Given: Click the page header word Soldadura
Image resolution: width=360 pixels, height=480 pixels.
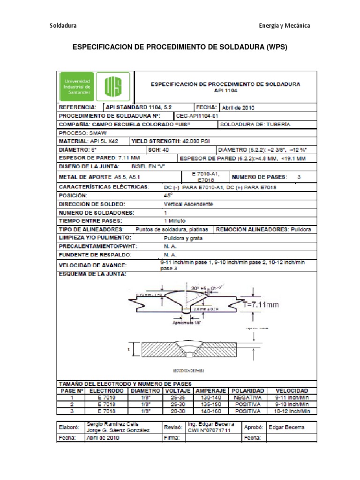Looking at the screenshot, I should click(x=63, y=25).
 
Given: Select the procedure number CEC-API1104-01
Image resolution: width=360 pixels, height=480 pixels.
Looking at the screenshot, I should click(x=197, y=115).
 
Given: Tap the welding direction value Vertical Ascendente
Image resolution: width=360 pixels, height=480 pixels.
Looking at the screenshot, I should click(x=188, y=204).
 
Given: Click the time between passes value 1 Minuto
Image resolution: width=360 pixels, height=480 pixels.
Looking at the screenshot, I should click(x=175, y=220).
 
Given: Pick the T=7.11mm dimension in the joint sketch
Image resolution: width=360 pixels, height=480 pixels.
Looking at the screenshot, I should click(x=261, y=305).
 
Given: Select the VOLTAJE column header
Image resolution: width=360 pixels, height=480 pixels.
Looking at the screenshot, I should click(x=178, y=390).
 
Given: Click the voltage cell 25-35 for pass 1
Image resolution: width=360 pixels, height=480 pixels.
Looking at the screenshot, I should click(x=178, y=397).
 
